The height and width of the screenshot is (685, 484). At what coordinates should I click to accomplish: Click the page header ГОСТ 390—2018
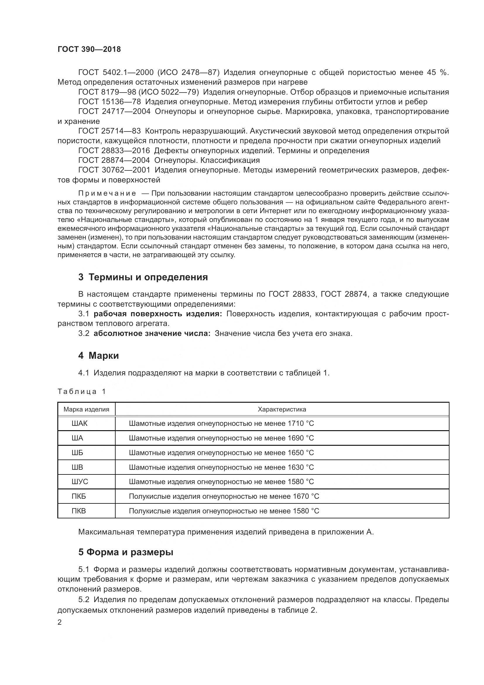click(x=89, y=49)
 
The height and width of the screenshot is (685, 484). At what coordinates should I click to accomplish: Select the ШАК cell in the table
click(x=80, y=423)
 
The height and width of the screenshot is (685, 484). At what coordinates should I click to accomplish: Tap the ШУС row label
click(x=80, y=481)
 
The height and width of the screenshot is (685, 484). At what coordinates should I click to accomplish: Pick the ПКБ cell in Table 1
click(x=79, y=496)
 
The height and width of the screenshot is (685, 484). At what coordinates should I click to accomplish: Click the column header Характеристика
click(x=282, y=409)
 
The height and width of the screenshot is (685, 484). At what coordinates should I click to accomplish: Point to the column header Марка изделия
click(x=86, y=409)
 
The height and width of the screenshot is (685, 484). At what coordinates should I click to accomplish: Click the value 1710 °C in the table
click(x=301, y=423)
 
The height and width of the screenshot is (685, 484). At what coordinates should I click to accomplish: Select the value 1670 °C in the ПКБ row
click(x=306, y=496)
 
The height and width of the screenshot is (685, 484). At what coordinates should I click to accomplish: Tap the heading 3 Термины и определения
click(x=143, y=277)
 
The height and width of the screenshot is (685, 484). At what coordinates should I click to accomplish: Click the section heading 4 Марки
click(x=98, y=356)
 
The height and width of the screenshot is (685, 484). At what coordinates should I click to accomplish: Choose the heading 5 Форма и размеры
click(x=126, y=552)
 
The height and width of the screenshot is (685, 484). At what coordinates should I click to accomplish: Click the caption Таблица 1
click(x=82, y=392)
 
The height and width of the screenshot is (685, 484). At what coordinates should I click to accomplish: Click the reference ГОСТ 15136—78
click(x=109, y=102)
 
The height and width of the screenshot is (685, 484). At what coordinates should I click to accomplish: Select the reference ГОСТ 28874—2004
click(x=114, y=160)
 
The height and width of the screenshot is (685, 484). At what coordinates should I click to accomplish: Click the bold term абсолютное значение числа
click(x=152, y=333)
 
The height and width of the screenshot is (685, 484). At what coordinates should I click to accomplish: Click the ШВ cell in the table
click(x=77, y=467)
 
